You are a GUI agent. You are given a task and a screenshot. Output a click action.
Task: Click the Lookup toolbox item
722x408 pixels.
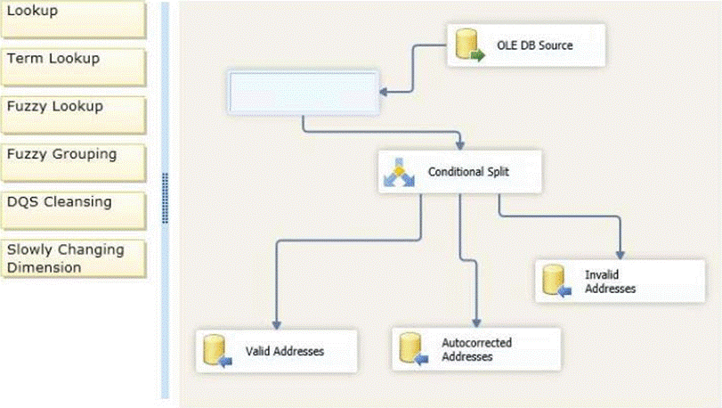point(71,18)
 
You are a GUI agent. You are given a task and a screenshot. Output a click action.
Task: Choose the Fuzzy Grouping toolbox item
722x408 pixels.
point(71,159)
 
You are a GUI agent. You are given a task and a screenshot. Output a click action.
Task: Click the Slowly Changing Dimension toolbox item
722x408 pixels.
point(71,258)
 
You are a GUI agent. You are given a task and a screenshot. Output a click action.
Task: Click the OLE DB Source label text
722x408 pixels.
point(534,45)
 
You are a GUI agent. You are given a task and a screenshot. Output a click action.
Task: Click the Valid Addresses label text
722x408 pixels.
point(285,351)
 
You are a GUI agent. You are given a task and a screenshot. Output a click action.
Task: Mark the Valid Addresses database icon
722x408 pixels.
point(216,351)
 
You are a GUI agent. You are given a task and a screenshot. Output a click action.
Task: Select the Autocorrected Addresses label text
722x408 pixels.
point(476,348)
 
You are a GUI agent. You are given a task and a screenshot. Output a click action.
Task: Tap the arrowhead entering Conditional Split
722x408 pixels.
point(459,143)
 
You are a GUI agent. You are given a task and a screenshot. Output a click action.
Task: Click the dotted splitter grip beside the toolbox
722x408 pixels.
point(166,198)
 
